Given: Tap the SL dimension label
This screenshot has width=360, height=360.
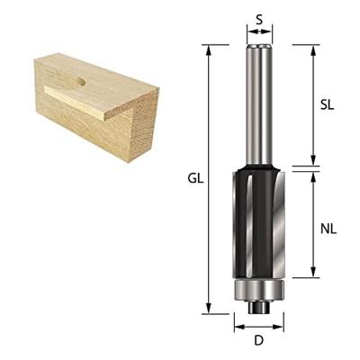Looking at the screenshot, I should [328, 104].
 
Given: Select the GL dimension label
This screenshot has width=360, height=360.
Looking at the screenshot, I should [195, 178].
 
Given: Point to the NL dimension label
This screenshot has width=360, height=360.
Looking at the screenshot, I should [328, 229].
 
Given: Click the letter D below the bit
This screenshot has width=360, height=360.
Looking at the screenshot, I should [258, 340].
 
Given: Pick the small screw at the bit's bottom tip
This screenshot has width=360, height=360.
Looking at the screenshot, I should [259, 306].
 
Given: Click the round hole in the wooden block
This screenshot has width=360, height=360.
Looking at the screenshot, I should [81, 82].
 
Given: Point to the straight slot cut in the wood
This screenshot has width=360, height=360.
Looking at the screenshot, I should [85, 102].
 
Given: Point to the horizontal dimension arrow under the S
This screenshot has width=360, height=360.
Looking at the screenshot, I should [259, 32].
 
